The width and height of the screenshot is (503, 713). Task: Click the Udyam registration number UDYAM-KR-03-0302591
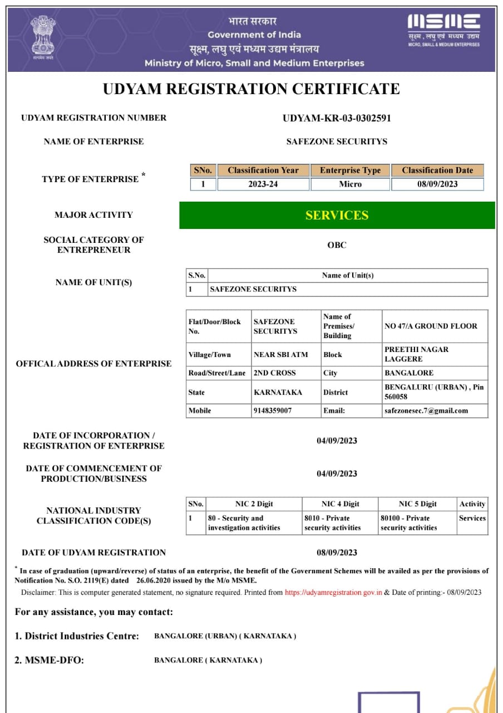(x=337, y=118)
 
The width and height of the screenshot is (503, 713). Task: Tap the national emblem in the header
(x=42, y=37)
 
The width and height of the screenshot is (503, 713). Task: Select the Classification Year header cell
(x=263, y=170)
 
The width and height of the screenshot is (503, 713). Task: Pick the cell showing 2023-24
(x=263, y=184)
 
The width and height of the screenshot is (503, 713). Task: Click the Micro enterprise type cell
(x=350, y=184)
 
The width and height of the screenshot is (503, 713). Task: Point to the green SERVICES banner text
(x=337, y=215)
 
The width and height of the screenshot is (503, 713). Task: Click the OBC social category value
(x=337, y=245)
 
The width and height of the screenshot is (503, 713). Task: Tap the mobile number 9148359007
(x=273, y=411)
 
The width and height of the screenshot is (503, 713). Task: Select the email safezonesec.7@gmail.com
(x=426, y=411)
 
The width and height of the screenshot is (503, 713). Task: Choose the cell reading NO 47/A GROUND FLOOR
(x=431, y=326)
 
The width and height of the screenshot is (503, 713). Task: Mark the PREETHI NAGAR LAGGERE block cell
(x=416, y=354)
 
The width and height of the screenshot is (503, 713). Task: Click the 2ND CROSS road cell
(x=275, y=373)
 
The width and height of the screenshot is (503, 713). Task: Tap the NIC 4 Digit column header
(x=340, y=504)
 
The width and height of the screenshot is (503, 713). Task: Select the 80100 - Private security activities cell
(x=409, y=523)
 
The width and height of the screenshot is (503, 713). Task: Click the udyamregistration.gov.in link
(x=333, y=593)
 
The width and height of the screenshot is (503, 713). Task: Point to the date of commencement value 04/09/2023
(x=337, y=473)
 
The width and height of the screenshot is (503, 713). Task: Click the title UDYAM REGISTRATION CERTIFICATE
(x=251, y=89)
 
